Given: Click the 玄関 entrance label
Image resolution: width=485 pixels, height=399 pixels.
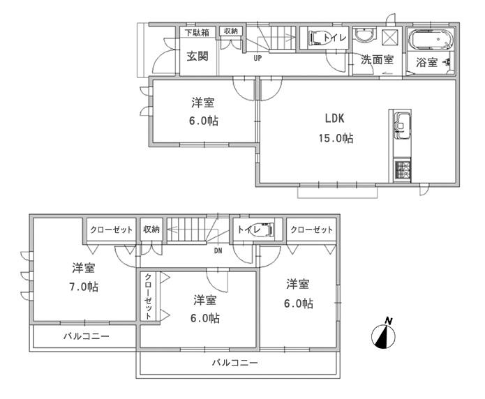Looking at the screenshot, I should point(197,57).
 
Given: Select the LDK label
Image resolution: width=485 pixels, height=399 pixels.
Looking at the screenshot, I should point(333,118).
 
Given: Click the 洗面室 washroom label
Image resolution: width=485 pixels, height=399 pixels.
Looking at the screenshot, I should point(377,60).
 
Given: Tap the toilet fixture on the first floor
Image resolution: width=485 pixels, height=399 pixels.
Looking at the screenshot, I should point(315,38).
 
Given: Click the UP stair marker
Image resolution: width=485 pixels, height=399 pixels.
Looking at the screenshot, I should point(258,59).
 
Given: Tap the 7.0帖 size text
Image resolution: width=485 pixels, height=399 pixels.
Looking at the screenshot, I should point(83,287).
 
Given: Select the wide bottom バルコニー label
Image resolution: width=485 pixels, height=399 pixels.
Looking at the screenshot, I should point(235,363).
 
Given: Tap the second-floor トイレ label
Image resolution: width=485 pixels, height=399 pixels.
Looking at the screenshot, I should point(248,229).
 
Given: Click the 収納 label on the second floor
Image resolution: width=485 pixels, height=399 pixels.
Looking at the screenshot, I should point(151,229).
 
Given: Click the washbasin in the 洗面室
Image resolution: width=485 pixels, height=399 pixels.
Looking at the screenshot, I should point(364,37).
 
